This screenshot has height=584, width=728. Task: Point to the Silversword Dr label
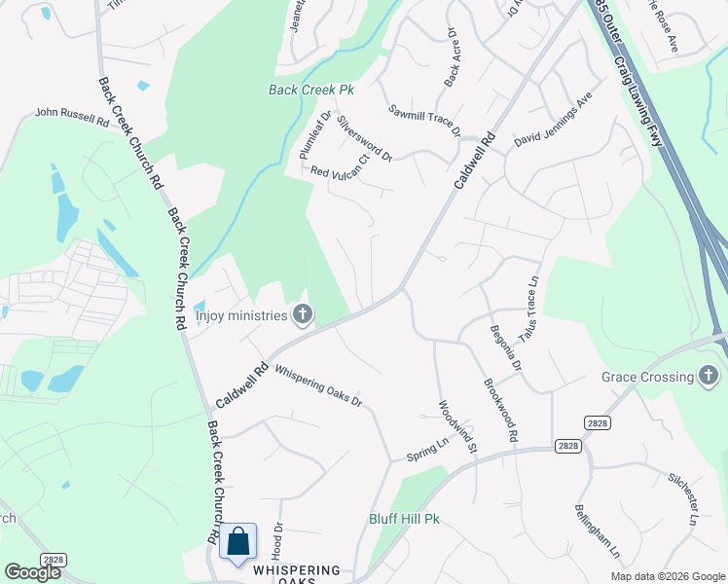[365, 139]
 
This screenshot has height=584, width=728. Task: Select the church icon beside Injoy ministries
[303, 314]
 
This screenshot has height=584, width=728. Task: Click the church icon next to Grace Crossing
[709, 376]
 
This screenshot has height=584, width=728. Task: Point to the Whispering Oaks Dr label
[317, 385]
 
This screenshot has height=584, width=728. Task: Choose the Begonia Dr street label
[506, 348]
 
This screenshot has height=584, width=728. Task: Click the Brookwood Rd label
[499, 410]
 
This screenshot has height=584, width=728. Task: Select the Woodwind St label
[456, 427]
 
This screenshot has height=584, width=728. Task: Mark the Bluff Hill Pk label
[404, 519]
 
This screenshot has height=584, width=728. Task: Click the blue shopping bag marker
[237, 542]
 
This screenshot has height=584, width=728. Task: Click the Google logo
[33, 572]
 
